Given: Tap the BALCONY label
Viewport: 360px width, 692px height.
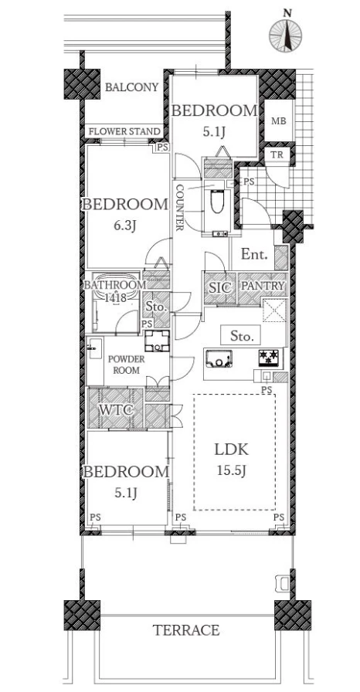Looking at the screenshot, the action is (x=131, y=87).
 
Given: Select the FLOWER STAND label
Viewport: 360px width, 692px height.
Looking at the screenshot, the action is (x=125, y=131).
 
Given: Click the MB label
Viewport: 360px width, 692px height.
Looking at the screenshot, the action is (x=278, y=120).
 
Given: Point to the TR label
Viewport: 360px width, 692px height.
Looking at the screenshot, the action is (x=277, y=154).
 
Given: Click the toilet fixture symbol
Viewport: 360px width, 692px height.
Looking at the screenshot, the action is (x=216, y=202).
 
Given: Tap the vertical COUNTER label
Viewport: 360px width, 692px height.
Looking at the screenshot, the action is (x=179, y=207).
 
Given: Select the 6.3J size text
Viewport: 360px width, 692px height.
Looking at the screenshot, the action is (x=124, y=226).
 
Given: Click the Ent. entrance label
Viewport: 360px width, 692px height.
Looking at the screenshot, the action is (x=255, y=255).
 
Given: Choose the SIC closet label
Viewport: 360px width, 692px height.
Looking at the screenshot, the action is (x=219, y=288).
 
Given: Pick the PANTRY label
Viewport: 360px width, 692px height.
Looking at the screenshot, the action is (x=262, y=286).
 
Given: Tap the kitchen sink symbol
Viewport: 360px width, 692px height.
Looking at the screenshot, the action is (x=218, y=358).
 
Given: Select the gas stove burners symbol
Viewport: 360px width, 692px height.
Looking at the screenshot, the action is (x=269, y=358).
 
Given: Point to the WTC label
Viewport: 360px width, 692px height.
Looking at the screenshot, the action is (x=116, y=409).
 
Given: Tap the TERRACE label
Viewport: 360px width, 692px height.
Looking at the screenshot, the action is (x=185, y=630).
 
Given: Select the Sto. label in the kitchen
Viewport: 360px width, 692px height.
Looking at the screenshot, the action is (x=242, y=337).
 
